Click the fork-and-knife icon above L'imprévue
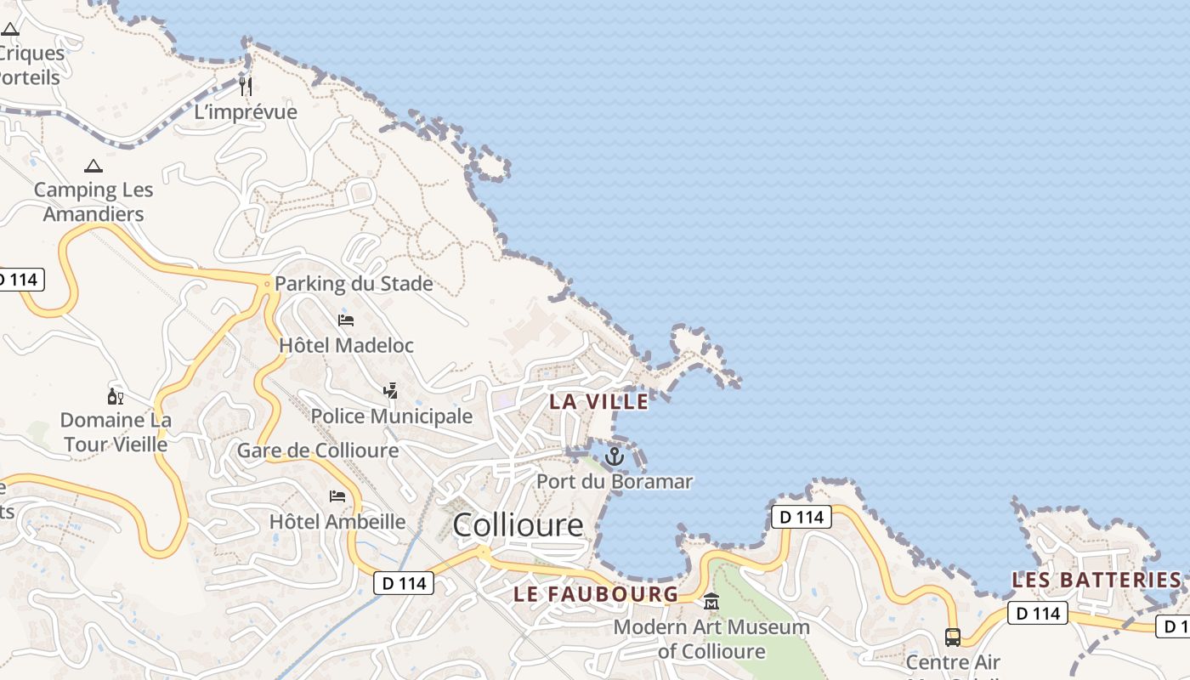245,86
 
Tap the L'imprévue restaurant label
246,112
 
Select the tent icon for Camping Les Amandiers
93,166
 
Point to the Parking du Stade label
354,284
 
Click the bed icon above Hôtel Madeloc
346,320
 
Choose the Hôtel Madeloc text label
346,345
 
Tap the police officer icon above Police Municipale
390,391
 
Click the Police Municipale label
391,416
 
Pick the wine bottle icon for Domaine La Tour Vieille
116,396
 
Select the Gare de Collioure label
318,450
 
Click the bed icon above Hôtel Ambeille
337,496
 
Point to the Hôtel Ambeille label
337,521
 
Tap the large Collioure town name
518,525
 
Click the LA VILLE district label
599,401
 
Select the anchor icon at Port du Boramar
614,457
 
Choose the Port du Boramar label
614,482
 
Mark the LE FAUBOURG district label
596,594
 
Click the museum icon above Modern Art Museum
711,602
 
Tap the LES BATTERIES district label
1096,580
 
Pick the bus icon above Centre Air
953,637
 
